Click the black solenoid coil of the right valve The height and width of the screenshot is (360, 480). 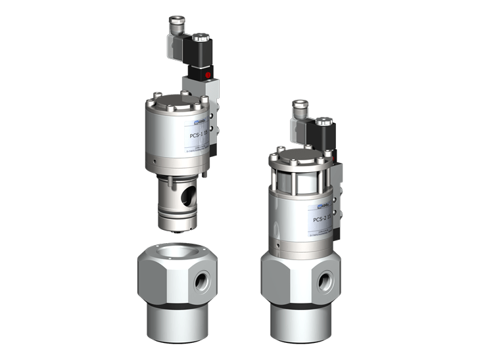(326, 133)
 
